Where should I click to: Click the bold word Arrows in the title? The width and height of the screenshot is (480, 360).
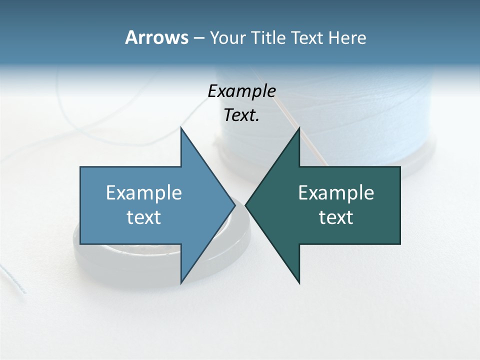tap(156, 37)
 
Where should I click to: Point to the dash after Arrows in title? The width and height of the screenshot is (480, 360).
tap(198, 38)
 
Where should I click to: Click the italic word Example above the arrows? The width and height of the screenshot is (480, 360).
tap(241, 91)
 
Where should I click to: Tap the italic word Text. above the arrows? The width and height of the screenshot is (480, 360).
tap(241, 115)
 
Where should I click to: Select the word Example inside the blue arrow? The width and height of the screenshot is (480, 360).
tap(144, 193)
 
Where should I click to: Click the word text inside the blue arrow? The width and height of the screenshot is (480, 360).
tap(144, 217)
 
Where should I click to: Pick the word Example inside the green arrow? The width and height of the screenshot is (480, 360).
tap(336, 193)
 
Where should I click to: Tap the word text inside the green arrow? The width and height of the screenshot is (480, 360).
tap(336, 217)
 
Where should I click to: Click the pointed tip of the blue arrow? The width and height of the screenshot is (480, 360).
tap(234, 205)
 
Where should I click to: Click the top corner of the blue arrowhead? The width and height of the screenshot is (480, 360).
tap(181, 128)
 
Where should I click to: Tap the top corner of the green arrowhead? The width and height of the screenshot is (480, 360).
tap(299, 128)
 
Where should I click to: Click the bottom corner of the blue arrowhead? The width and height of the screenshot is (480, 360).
tap(181, 282)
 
